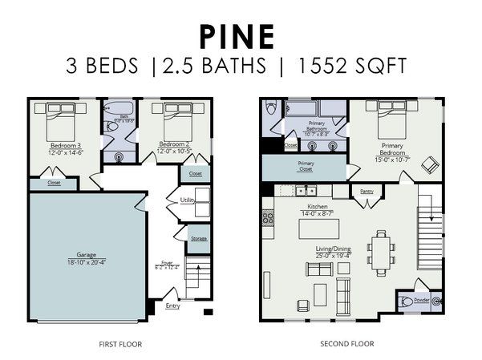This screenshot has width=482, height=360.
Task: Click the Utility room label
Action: click(x=188, y=199)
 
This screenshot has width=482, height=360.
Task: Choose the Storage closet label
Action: click(x=198, y=238)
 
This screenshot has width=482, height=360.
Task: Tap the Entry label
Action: click(x=172, y=305)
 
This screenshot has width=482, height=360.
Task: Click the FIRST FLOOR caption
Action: click(x=118, y=343)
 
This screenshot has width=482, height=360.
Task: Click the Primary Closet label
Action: click(x=306, y=166)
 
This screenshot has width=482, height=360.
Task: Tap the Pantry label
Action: click(x=367, y=192)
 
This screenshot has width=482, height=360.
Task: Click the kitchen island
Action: click(x=319, y=229)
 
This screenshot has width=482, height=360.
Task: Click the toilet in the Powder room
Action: click(x=409, y=303)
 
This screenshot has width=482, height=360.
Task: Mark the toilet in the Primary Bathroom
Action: click(x=271, y=109)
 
